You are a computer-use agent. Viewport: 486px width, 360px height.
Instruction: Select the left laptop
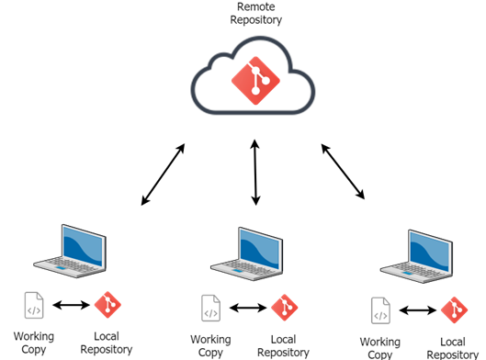click(71, 251)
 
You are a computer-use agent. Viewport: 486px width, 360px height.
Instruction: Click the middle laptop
click(247, 254)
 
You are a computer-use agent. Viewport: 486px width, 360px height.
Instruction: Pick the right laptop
click(418, 256)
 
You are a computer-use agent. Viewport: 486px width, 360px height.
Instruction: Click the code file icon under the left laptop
click(34, 305)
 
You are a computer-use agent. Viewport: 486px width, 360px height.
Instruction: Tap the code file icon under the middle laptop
click(210, 308)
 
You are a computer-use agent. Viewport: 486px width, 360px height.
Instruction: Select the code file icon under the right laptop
click(380, 310)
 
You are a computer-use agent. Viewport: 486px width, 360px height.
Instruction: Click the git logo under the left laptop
click(107, 305)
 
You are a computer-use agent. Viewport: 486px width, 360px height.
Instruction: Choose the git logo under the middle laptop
click(285, 308)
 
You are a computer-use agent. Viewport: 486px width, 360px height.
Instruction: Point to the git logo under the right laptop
click(454, 310)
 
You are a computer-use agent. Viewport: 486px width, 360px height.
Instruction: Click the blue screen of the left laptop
click(84, 244)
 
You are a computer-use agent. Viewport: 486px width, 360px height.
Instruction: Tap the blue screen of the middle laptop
click(260, 248)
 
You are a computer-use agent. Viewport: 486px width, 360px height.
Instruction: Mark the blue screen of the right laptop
click(430, 250)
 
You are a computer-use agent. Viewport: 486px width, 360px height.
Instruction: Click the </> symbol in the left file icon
click(34, 310)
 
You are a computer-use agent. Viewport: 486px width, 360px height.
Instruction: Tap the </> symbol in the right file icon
click(380, 316)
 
